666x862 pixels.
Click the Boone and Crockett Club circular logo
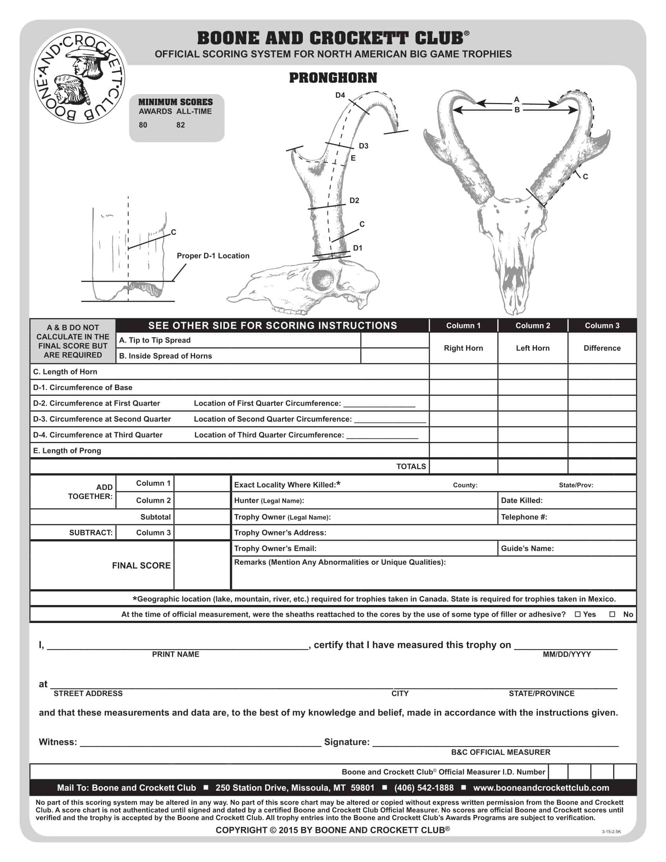[x=79, y=76]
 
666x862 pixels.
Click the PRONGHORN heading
[x=333, y=78]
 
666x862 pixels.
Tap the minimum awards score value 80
[x=143, y=125]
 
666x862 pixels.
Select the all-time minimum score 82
[x=181, y=125]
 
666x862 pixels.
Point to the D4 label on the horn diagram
[x=340, y=95]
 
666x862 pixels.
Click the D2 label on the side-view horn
[x=354, y=201]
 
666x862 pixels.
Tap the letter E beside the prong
[x=353, y=158]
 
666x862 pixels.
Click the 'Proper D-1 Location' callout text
[x=213, y=256]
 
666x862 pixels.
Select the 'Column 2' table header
[x=533, y=326]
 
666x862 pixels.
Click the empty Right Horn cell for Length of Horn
[x=463, y=372]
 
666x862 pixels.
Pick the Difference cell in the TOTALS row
[x=602, y=467]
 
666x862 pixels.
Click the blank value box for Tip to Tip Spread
[x=395, y=340]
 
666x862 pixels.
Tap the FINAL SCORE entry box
[x=202, y=565]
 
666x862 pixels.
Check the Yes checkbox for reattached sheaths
[x=578, y=614]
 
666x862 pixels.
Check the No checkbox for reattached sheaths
[x=612, y=614]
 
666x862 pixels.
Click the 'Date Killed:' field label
[x=521, y=500]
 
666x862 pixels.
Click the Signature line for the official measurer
[x=495, y=742]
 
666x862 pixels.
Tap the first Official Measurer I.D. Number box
[x=558, y=771]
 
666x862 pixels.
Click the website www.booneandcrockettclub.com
[x=541, y=788]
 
